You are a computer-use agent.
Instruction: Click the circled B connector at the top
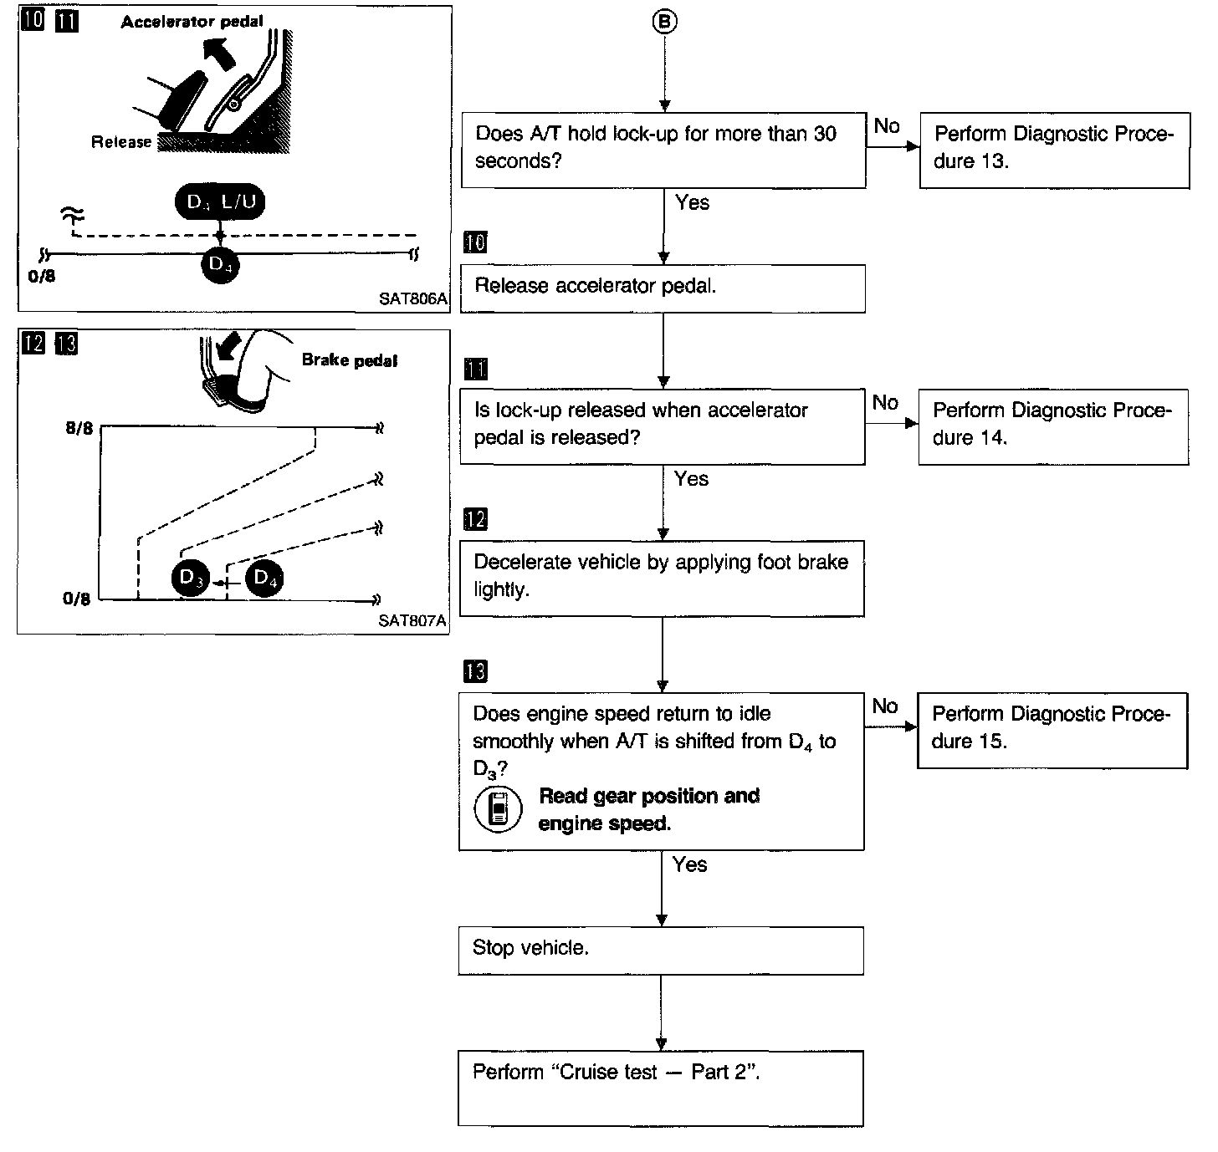(664, 23)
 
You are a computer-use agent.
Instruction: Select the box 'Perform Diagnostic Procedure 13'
(1054, 150)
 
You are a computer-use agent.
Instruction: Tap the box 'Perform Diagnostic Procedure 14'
(1053, 426)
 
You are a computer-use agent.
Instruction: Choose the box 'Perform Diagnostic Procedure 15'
(1052, 730)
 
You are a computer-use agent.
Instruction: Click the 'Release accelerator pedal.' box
(663, 288)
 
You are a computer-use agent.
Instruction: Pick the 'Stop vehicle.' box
(661, 951)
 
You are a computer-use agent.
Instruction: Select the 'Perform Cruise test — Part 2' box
(661, 1088)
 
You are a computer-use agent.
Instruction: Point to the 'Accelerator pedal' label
(192, 22)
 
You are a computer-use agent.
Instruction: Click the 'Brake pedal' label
(350, 360)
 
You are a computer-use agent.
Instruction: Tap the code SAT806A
(413, 299)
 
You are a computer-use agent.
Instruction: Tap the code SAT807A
(412, 620)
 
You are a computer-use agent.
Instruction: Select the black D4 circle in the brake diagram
(264, 578)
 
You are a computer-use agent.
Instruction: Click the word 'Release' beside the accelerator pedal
(121, 142)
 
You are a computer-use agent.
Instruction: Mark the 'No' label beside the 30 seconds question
(887, 126)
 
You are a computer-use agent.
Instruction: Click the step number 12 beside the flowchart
(475, 519)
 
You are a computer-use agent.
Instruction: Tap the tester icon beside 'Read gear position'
(498, 808)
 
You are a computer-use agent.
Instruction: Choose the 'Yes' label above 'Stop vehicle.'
(690, 864)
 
